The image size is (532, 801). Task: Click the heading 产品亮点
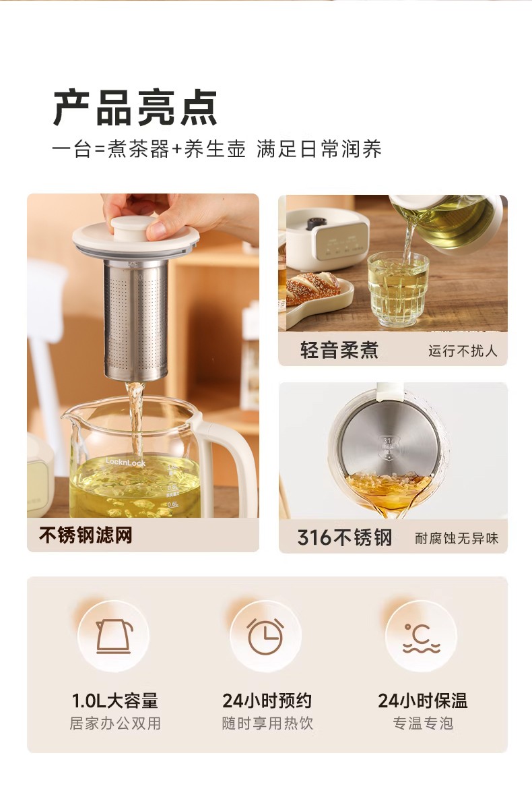pos(135,108)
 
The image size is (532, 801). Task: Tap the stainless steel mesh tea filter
pos(135,320)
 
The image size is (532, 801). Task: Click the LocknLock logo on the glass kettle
pos(125,463)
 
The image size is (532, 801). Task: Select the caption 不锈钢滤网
pos(86,535)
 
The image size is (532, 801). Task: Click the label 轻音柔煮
pos(339,350)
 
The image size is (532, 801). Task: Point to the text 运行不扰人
pos(463,351)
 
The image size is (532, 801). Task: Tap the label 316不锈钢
pos(345,537)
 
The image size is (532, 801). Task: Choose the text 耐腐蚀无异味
pos(457,539)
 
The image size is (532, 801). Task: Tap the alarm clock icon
pos(265,636)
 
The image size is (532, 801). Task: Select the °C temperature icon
pos(422,638)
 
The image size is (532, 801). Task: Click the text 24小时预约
pos(267,701)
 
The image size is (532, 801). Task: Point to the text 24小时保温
pos(422,701)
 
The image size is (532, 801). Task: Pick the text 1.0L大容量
pos(114,701)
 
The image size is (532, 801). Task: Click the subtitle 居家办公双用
pos(115,723)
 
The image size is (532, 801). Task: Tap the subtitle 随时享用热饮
pos(267,723)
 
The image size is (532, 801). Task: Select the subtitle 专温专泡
pos(423,723)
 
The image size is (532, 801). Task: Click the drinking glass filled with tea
pos(399,289)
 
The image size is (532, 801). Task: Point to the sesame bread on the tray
pos(313,288)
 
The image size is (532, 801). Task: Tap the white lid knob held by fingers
pos(133,228)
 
